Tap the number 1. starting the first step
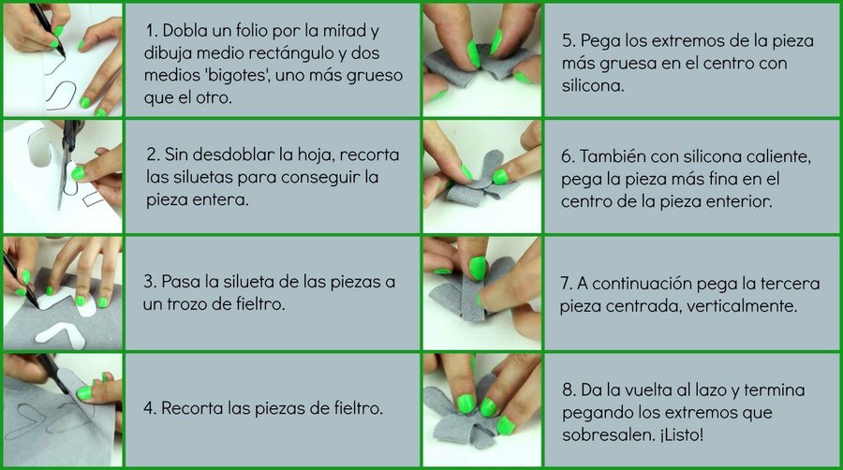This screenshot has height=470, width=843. click(151, 31)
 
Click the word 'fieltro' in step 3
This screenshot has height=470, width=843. click(259, 304)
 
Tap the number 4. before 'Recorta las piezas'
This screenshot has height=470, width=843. click(150, 408)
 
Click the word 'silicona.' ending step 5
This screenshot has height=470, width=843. click(593, 85)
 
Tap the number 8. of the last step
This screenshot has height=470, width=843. click(569, 389)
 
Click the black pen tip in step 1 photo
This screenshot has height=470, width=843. click(63, 53)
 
